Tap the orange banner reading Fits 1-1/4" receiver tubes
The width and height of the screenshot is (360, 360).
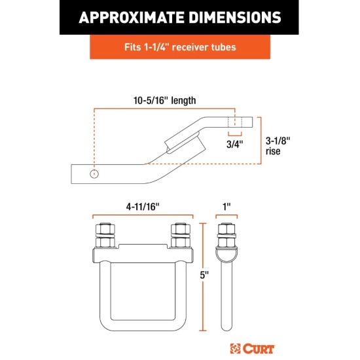coord(179,47)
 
